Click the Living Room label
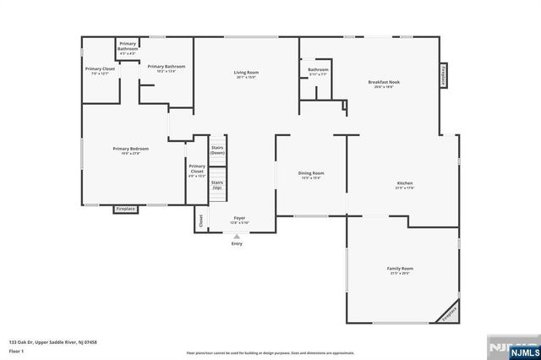[x=246, y=73]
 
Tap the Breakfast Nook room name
[x=383, y=83]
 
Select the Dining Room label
[x=310, y=173]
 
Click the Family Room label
[x=401, y=269]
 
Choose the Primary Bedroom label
[x=130, y=149]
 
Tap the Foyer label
[x=239, y=218]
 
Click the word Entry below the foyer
[x=237, y=244]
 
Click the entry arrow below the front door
[x=237, y=237]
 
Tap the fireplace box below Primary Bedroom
[x=126, y=209]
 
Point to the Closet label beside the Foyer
[x=200, y=221]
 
